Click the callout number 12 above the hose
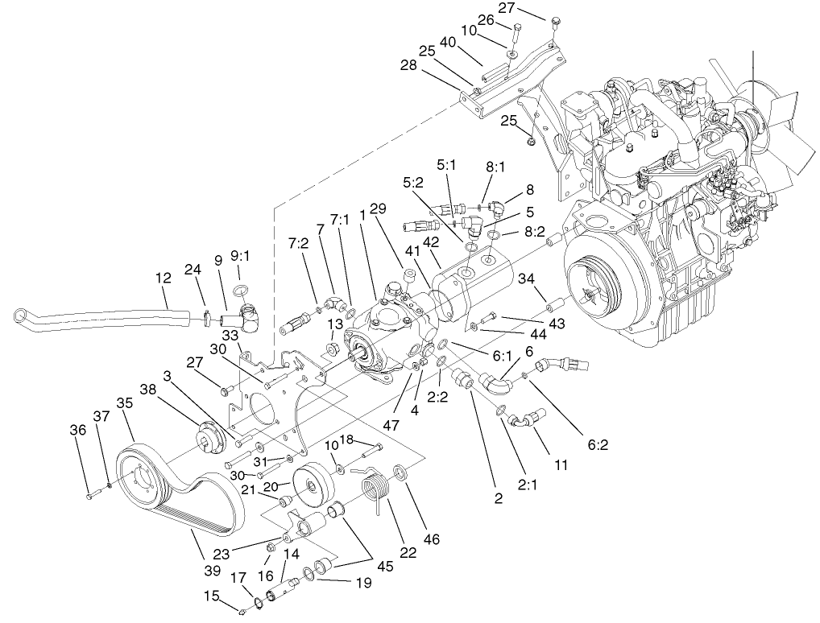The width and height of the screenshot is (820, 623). coord(164,278)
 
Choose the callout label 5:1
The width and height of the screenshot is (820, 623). coord(446,165)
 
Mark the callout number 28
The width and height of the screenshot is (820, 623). coord(408,65)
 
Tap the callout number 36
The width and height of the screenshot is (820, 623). coord(78,431)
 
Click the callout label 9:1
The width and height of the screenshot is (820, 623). coord(239,257)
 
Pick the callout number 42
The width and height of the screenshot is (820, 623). coord(431,241)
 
